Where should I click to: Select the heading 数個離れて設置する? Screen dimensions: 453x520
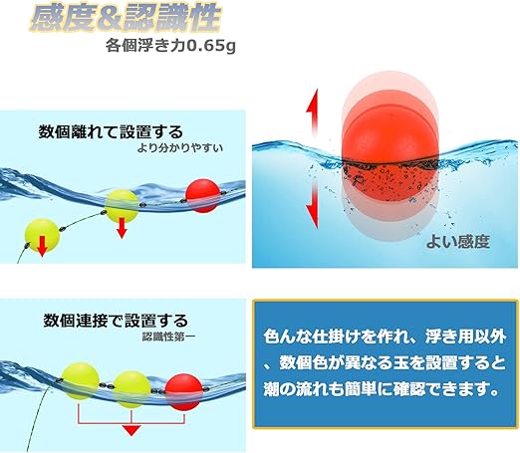pyautogui.click(x=110, y=130)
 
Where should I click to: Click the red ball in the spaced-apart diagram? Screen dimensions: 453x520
pyautogui.click(x=201, y=194)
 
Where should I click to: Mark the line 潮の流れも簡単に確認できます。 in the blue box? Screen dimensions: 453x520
pyautogui.click(x=378, y=391)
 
